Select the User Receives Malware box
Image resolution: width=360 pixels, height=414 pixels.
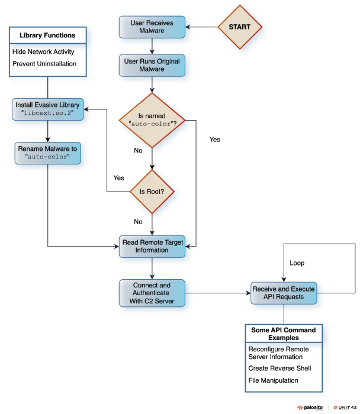152,27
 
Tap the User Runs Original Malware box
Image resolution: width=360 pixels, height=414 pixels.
152,66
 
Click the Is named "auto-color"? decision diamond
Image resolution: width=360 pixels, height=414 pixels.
153,120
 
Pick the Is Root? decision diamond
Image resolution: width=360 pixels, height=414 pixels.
153,192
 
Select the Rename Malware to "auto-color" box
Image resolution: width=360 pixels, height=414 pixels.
47,152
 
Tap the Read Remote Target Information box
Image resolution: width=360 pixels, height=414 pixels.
152,245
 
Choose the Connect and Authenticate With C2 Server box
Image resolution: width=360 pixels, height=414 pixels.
152,292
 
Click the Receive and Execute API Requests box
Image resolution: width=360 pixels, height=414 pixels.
284,292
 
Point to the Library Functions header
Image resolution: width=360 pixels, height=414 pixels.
47,35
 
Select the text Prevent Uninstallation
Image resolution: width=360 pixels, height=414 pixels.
44,64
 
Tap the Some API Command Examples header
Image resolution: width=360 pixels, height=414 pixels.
284,334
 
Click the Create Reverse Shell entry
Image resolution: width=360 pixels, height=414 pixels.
279,368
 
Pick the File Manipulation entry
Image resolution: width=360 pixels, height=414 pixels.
273,380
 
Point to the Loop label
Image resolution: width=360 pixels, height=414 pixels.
298,261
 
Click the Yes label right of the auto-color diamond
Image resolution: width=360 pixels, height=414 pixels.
214,140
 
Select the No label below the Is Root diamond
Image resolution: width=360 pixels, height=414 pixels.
138,222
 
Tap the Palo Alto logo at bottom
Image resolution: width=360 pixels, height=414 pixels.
311,407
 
